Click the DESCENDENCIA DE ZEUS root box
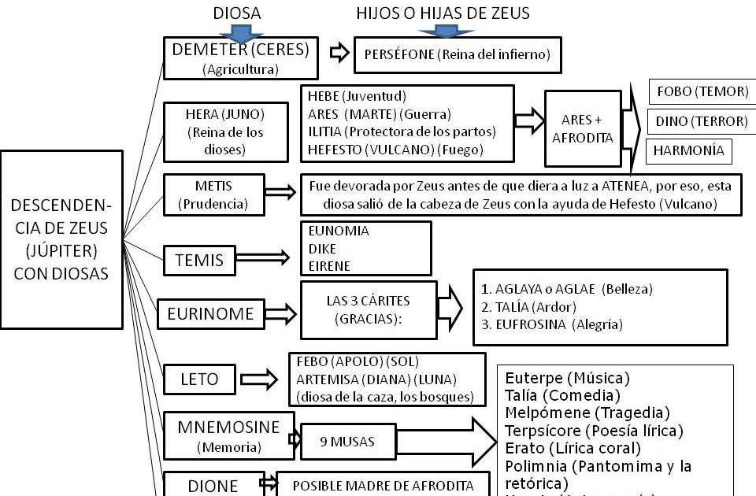(x=61, y=239)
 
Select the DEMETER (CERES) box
(x=240, y=59)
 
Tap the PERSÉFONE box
(x=457, y=55)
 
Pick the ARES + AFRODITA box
(x=582, y=128)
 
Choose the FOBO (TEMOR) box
(x=699, y=92)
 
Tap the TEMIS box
(x=199, y=259)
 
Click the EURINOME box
(x=210, y=313)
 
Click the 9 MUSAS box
(x=347, y=442)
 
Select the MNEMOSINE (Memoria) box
(x=228, y=435)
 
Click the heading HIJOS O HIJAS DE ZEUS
(x=443, y=13)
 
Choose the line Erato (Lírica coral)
(x=573, y=448)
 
